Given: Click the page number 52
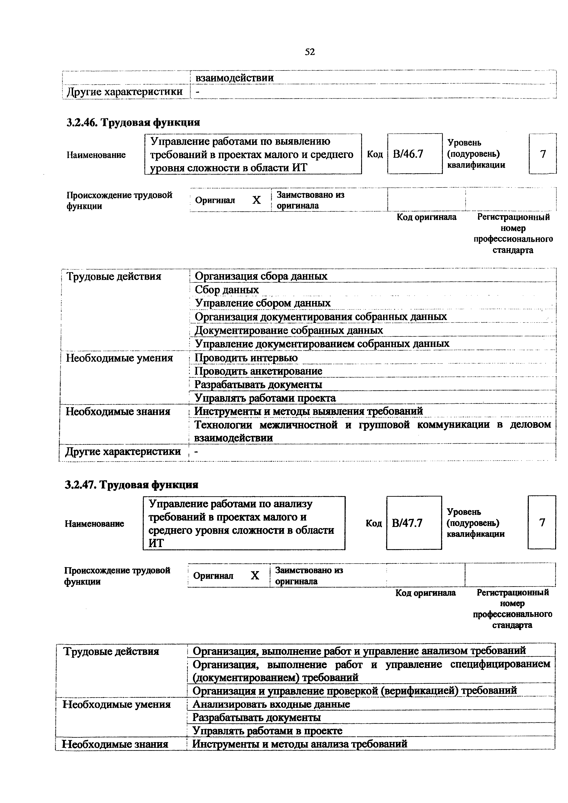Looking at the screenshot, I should [x=310, y=52].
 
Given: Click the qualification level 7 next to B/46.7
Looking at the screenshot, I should [x=543, y=154].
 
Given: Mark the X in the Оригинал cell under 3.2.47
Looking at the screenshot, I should [x=255, y=575].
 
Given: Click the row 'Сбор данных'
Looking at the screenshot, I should [x=227, y=290].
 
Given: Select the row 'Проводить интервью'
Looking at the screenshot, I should [x=246, y=358].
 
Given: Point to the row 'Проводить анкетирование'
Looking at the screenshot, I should [x=258, y=371].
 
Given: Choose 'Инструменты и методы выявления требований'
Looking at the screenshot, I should [x=309, y=411].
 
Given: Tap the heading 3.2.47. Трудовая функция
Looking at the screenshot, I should [x=132, y=485].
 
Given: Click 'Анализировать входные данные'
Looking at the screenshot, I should [x=271, y=704].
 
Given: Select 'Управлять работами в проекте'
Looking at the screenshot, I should [x=267, y=731].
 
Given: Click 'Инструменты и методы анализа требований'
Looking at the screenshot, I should [x=300, y=744].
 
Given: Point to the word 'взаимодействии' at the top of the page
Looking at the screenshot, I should [x=234, y=78].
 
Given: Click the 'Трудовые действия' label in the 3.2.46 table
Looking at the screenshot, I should [x=114, y=277].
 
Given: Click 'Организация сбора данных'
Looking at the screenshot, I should [x=261, y=276].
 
